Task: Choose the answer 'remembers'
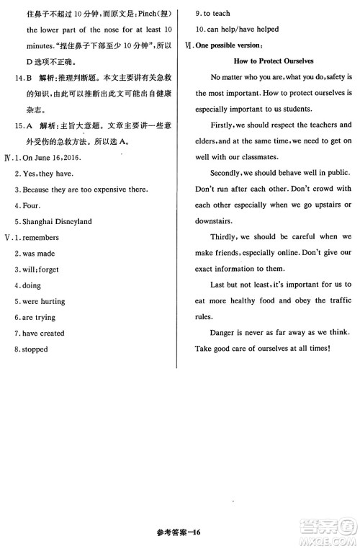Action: (41, 237)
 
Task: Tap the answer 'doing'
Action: (32, 285)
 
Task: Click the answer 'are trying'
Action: (40, 317)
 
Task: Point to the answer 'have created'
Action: (43, 333)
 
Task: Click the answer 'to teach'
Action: (217, 14)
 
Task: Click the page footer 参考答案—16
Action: (179, 532)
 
